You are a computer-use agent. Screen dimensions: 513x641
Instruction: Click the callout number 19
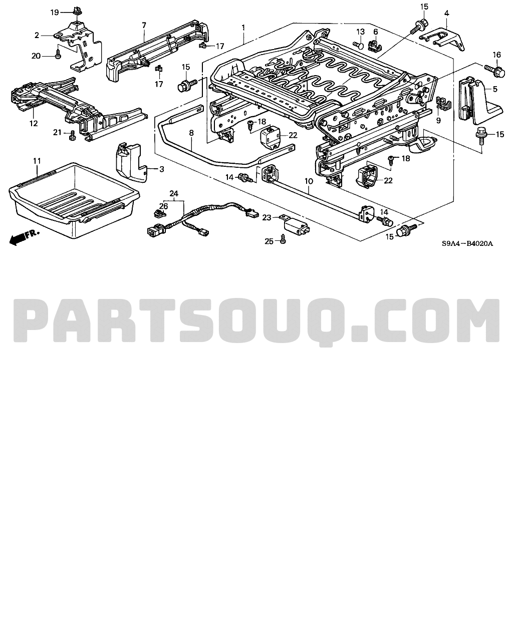[55, 13]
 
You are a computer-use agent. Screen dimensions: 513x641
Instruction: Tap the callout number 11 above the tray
[37, 161]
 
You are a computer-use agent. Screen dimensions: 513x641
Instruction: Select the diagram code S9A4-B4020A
[467, 244]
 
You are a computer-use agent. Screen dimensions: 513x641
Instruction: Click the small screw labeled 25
[283, 238]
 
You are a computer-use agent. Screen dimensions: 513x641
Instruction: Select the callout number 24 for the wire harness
[174, 194]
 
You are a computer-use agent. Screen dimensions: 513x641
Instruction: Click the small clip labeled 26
[160, 213]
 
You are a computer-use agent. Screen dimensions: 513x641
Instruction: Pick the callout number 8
[191, 133]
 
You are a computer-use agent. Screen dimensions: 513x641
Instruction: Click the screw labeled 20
[58, 55]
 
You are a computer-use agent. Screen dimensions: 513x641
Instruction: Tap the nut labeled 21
[72, 135]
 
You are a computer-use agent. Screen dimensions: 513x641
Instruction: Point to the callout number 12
[34, 123]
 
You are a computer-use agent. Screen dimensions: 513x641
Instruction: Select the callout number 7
[144, 26]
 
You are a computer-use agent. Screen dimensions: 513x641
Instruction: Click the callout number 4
[446, 14]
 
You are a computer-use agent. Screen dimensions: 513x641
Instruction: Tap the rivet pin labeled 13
[359, 45]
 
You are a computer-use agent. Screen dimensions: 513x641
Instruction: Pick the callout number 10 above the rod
[309, 181]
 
